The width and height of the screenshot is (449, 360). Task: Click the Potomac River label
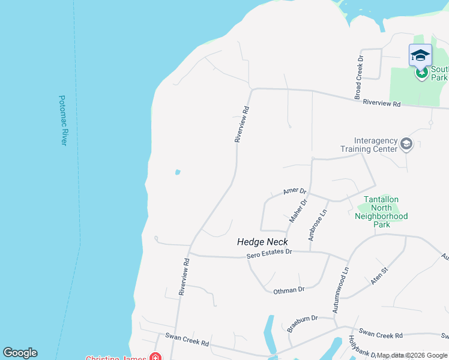[x=62, y=120]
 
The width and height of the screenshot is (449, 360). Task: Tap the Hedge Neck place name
[x=262, y=242]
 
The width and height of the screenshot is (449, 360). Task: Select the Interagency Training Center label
[x=369, y=145]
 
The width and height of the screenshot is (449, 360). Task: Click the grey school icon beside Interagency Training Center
[x=406, y=143]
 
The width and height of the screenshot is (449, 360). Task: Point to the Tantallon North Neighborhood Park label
[x=381, y=212]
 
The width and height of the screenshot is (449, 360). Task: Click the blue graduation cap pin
[x=420, y=56]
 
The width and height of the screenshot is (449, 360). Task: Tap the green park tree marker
[x=421, y=73]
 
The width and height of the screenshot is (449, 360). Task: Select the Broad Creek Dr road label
[x=360, y=78]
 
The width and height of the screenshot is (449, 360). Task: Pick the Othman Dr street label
[x=289, y=290]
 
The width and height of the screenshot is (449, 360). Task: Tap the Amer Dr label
[x=295, y=191]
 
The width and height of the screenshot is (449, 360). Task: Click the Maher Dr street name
[x=298, y=211]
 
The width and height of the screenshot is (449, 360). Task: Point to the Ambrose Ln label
[x=318, y=225]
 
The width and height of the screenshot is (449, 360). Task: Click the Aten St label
[x=379, y=275]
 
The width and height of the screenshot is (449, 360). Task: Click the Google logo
[x=20, y=353]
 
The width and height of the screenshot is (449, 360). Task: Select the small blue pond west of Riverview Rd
[x=178, y=172]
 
